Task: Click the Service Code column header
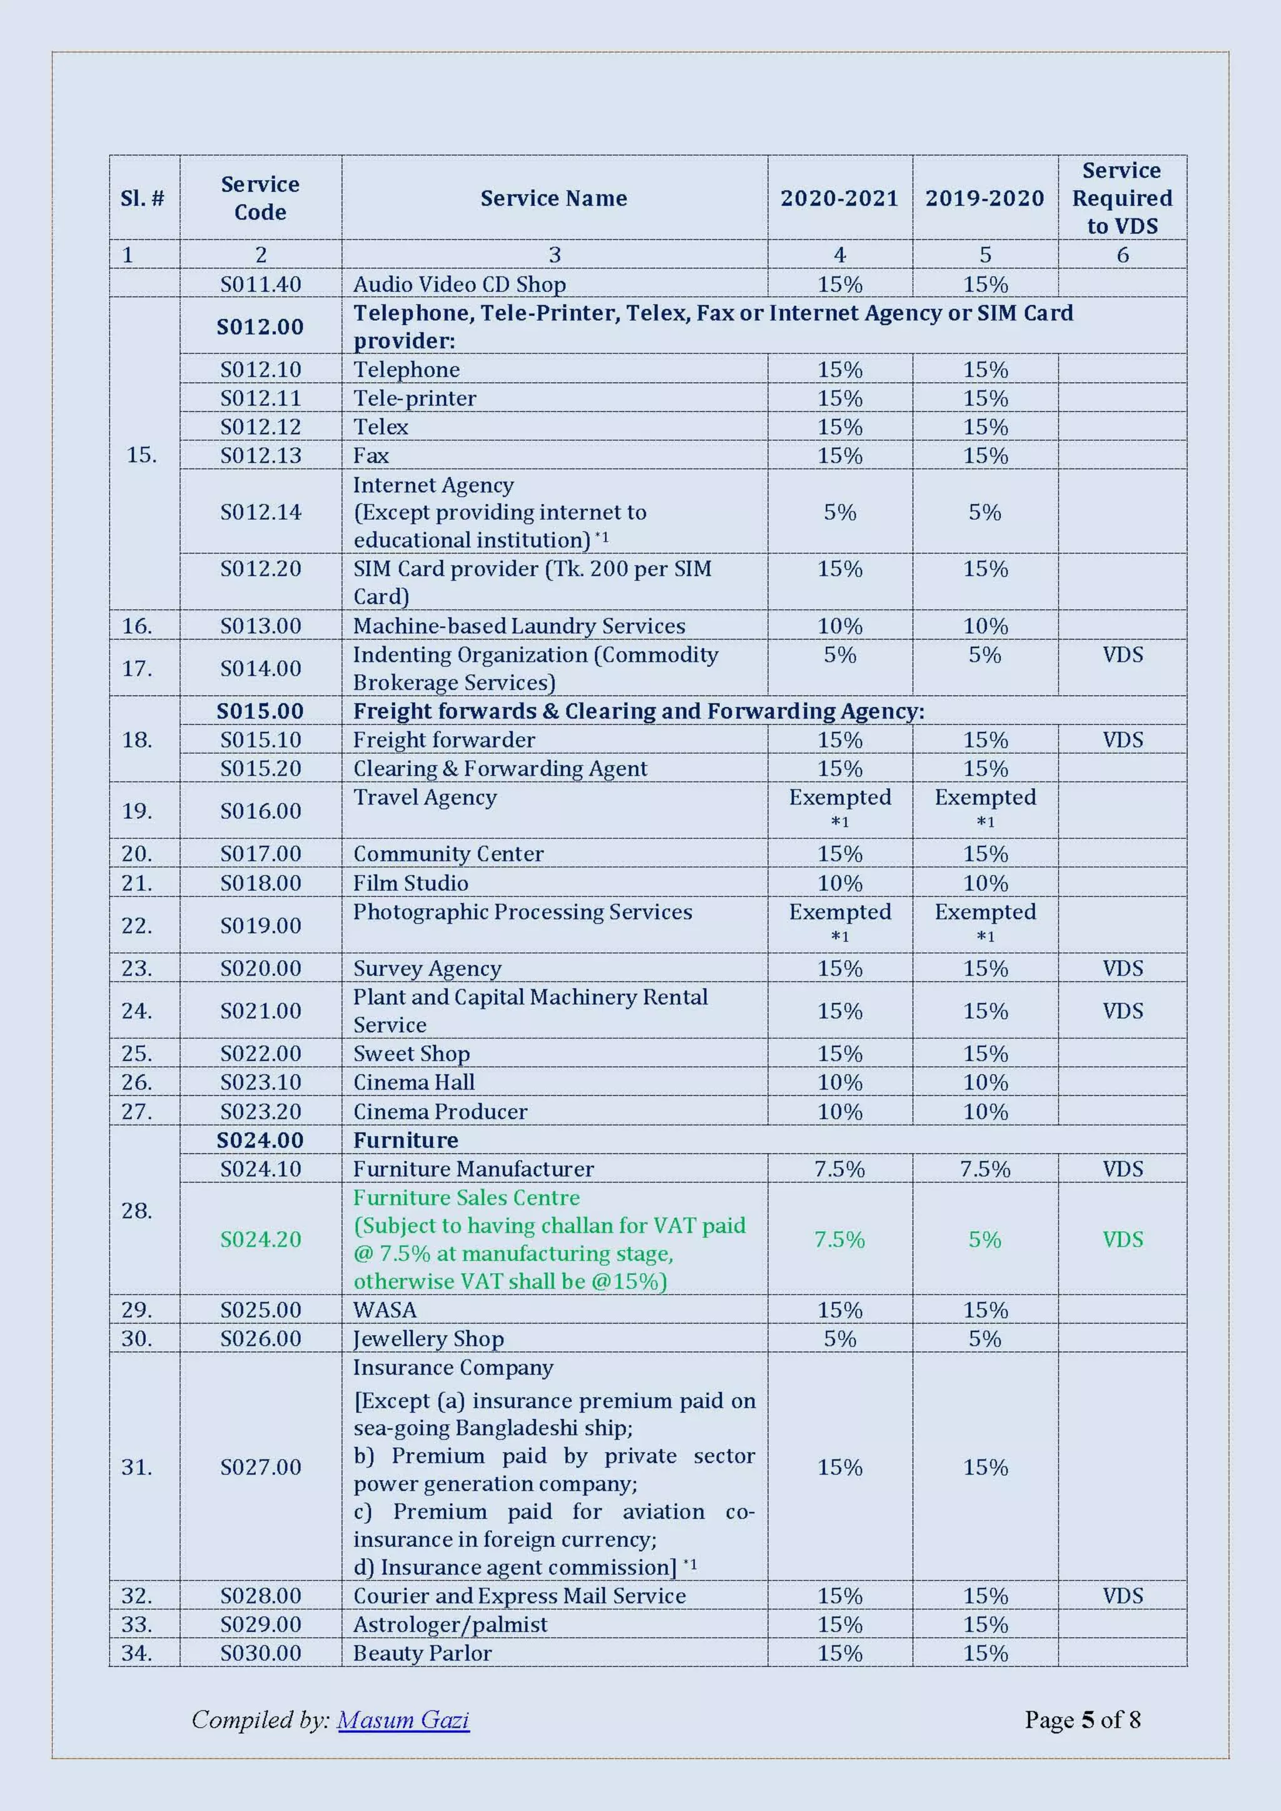260,198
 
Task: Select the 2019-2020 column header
985,198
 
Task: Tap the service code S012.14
260,512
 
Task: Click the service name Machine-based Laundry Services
519,626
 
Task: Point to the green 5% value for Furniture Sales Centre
985,1239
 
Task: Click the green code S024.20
260,1239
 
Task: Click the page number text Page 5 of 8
1082,1720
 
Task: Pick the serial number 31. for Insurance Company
136,1467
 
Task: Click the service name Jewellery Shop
428,1339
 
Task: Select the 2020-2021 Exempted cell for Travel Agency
840,798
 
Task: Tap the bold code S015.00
260,711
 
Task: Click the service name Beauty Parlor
422,1653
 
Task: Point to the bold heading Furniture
405,1140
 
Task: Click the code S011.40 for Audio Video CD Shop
260,284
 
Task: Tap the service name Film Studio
410,883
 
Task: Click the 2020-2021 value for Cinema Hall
840,1082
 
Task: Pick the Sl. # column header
142,198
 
